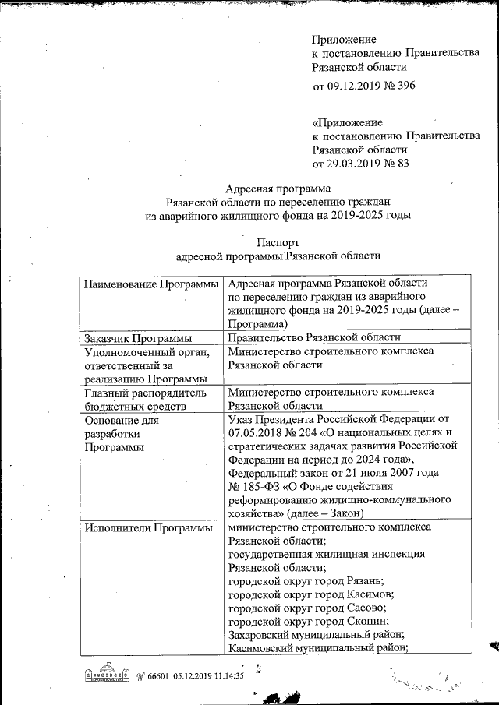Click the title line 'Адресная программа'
tap(278, 188)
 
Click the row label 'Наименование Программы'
tap(150, 284)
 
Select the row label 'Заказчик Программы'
tap(137, 338)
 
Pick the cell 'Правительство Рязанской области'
tap(314, 338)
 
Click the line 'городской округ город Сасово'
tap(307, 608)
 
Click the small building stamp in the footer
tap(107, 675)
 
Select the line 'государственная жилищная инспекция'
tap(326, 554)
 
